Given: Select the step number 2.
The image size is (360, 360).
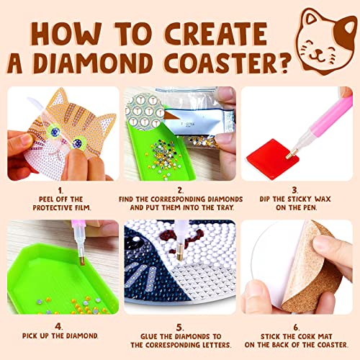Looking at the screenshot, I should pyautogui.click(x=179, y=189).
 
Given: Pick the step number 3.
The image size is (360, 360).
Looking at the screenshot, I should pyautogui.click(x=299, y=189).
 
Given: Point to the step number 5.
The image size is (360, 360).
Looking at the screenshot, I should pyautogui.click(x=179, y=323).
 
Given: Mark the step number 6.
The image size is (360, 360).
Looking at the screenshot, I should pyautogui.click(x=299, y=323).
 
